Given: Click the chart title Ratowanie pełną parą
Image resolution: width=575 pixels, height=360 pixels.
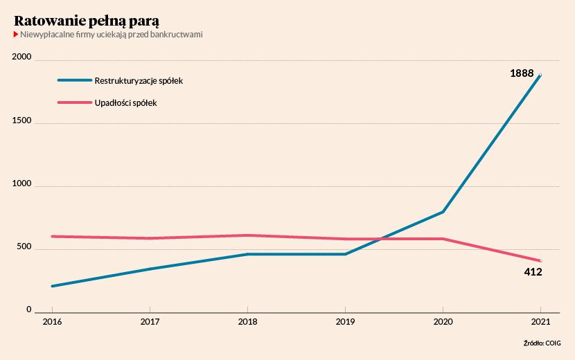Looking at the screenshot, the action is (87, 21).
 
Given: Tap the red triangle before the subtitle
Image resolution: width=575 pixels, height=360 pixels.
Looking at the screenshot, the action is (16, 35).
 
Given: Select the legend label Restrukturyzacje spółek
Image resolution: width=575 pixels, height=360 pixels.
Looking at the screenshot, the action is (139, 80).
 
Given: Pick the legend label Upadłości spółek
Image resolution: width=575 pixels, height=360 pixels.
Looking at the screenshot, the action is (125, 103).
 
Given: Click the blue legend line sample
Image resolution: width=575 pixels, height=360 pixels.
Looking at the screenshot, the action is (74, 80).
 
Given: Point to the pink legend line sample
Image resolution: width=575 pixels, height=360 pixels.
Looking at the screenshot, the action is (74, 102).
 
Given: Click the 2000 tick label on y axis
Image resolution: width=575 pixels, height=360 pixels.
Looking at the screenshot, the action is (21, 57).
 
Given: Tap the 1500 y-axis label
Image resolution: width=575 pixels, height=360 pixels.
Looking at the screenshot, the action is (21, 121).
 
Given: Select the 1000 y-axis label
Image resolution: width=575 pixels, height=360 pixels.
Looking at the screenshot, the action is (21, 183).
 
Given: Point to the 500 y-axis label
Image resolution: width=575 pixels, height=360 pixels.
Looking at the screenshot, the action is (24, 246).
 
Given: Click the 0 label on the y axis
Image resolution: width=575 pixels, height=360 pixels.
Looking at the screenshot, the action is (29, 309).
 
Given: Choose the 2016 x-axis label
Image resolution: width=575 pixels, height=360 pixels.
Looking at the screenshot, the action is (52, 322).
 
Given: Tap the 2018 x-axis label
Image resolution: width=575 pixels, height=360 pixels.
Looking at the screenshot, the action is (247, 322).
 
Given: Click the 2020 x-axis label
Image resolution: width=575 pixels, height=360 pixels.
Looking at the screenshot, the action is (443, 322).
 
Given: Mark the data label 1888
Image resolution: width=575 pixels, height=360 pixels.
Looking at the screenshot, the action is (522, 73).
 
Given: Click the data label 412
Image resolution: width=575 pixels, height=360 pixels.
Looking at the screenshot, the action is (533, 272).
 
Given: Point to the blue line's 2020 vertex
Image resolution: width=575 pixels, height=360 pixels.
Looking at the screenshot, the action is (443, 212).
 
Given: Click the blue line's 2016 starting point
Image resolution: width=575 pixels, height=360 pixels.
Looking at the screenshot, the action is (52, 286).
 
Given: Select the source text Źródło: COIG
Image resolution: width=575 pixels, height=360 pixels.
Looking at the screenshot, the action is (542, 343).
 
